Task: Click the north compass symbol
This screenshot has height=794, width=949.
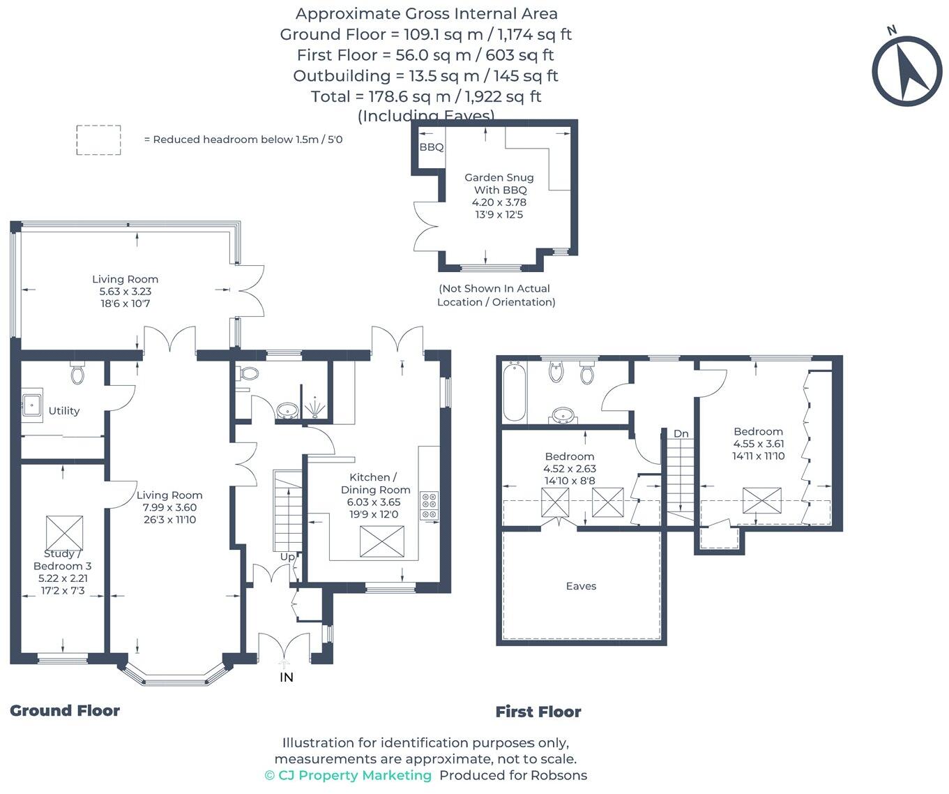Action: coord(906,70)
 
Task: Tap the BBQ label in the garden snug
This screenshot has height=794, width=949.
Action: coord(431,147)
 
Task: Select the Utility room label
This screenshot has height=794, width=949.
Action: coord(64,411)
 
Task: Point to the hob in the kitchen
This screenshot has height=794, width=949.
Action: coord(429,505)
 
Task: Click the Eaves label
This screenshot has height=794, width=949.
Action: coord(581,586)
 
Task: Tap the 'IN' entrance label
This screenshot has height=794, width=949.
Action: coord(286,677)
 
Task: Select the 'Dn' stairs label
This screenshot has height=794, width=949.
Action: coord(681,433)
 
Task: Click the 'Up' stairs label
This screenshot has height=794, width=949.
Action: coord(287,557)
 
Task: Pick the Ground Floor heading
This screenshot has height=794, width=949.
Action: coord(65,710)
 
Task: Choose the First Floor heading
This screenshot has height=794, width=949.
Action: coord(538,712)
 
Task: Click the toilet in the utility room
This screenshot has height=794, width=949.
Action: coord(77,373)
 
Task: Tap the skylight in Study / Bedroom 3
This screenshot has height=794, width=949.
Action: coord(64,533)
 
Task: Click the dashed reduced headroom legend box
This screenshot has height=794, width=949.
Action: coord(98,140)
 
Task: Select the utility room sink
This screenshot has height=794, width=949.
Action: coord(31,403)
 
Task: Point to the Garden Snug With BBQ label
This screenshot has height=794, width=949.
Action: coord(499,183)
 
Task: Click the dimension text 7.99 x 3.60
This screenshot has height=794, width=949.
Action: coord(169,507)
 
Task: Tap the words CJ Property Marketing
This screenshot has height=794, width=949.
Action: coord(354,775)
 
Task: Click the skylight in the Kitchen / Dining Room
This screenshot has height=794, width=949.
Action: coord(381,541)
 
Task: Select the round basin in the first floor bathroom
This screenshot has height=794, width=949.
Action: coord(560,416)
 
